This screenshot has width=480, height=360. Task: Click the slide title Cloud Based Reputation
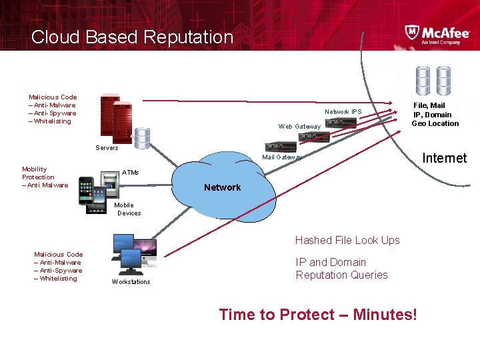[132, 37]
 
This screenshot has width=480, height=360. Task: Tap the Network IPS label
[343, 112]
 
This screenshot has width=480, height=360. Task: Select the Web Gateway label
[299, 127]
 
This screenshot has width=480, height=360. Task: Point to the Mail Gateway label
[282, 157]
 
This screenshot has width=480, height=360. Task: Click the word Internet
[445, 158]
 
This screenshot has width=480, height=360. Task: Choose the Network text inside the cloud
[222, 187]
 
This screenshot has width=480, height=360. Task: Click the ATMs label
[131, 173]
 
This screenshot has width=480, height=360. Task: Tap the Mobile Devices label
[128, 209]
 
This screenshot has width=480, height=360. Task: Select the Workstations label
[131, 282]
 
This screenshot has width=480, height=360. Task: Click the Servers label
[107, 148]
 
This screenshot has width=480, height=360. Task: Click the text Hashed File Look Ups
[347, 240]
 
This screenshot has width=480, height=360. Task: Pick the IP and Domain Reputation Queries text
[341, 269]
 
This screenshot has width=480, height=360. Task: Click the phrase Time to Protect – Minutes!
[318, 314]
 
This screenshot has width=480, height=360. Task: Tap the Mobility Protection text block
[45, 177]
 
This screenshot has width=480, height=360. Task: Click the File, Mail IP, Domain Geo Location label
[435, 114]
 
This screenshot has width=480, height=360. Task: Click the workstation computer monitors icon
[133, 253]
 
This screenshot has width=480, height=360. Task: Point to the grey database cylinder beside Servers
[141, 138]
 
